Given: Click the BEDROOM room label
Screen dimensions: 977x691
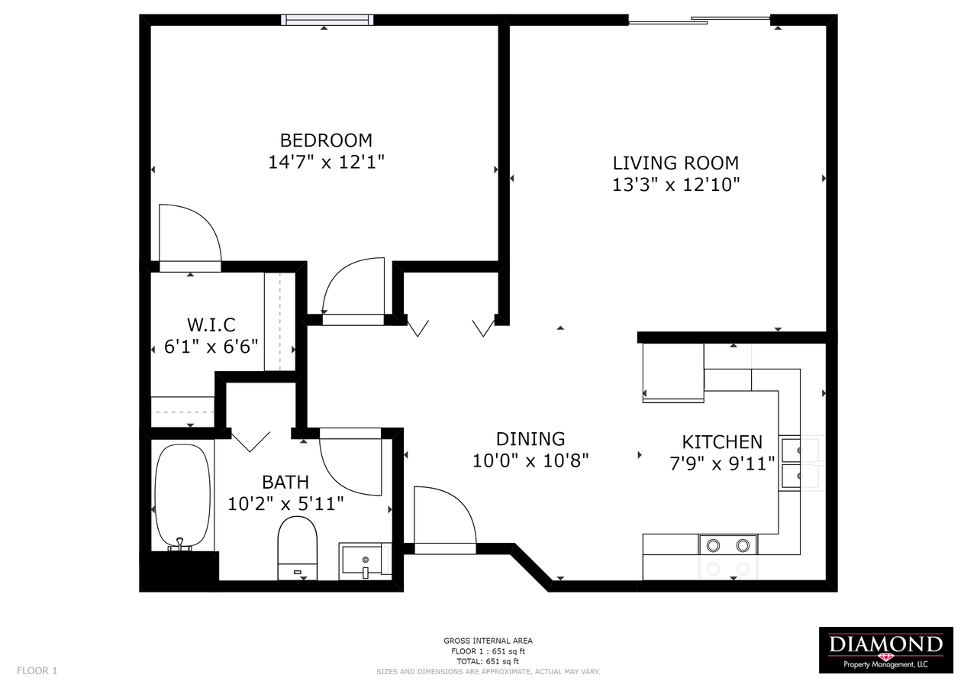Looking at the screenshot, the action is click(326, 140).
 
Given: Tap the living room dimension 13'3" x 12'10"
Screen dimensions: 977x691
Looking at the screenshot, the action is click(676, 185).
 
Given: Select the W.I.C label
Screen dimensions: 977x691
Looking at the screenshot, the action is click(211, 325).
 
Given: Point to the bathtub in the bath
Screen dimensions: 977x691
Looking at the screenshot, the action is click(182, 497).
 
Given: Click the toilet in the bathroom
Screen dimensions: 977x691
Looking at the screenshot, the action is click(298, 548).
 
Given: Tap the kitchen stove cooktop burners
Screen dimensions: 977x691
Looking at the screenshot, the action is click(728, 545).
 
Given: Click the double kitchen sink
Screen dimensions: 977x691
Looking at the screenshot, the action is click(790, 463).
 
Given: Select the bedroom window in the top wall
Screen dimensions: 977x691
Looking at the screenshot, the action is click(327, 20).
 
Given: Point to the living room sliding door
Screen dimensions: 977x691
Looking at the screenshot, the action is click(699, 20).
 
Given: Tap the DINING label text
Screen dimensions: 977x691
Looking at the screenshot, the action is click(530, 439).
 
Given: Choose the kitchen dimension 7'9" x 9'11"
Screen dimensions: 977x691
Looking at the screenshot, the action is click(722, 464).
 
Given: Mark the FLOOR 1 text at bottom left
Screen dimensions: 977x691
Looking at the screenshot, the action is click(37, 671).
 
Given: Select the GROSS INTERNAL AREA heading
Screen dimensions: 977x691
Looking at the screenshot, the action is click(488, 641).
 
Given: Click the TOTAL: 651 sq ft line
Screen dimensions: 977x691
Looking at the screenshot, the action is click(488, 661).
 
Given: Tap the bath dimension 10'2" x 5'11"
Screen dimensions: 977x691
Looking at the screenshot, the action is click(285, 504).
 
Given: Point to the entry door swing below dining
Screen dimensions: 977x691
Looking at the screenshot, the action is click(445, 520).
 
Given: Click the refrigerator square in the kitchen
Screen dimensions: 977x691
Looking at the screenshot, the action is click(673, 373).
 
